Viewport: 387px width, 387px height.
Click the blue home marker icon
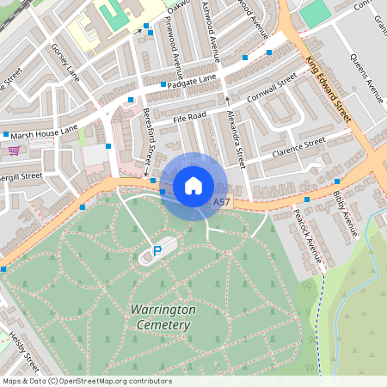[193, 186]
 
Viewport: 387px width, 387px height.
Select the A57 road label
[221, 202]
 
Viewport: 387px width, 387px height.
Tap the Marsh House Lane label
[45, 131]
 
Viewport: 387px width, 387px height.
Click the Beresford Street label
[147, 143]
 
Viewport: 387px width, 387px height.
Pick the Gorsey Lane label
[64, 61]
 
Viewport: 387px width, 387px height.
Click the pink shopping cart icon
[14, 150]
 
